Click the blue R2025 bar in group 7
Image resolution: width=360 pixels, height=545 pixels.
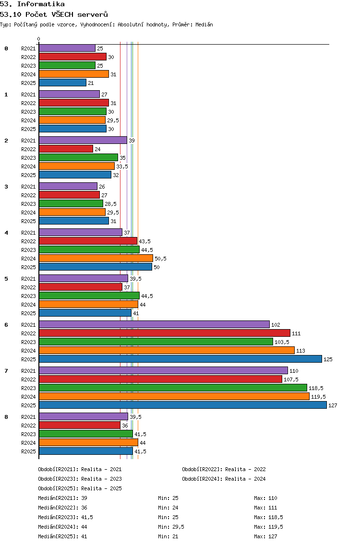pos(183,405)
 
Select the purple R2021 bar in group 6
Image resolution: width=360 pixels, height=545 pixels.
pos(154,324)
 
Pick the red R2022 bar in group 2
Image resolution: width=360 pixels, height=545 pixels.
pos(66,149)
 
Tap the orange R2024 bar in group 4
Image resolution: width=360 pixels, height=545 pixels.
pos(96,258)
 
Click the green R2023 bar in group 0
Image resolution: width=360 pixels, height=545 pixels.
pos(67,65)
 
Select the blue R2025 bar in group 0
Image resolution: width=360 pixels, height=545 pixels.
pos(62,83)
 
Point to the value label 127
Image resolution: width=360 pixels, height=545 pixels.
pos(333,405)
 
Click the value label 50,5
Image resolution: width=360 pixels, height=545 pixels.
pos(161,259)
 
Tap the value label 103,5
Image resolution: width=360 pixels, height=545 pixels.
pos(282,342)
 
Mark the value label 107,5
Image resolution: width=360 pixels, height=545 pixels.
pos(291,379)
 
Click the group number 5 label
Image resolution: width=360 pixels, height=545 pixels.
pos(6,279)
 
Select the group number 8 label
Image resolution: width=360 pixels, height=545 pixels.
pos(6,417)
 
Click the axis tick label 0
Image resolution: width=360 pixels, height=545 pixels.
pos(38,39)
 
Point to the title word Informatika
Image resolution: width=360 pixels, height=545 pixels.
pos(41,4)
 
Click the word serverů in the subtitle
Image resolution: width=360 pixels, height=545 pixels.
pos(93,14)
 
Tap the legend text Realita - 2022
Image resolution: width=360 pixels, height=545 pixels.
pos(245,469)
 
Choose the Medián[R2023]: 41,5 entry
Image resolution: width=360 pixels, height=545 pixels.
pos(65,517)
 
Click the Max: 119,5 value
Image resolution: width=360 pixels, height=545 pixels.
pos(268,527)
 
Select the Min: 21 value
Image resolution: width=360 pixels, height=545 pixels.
pos(168,536)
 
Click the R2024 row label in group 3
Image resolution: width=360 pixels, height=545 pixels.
pos(28,213)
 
